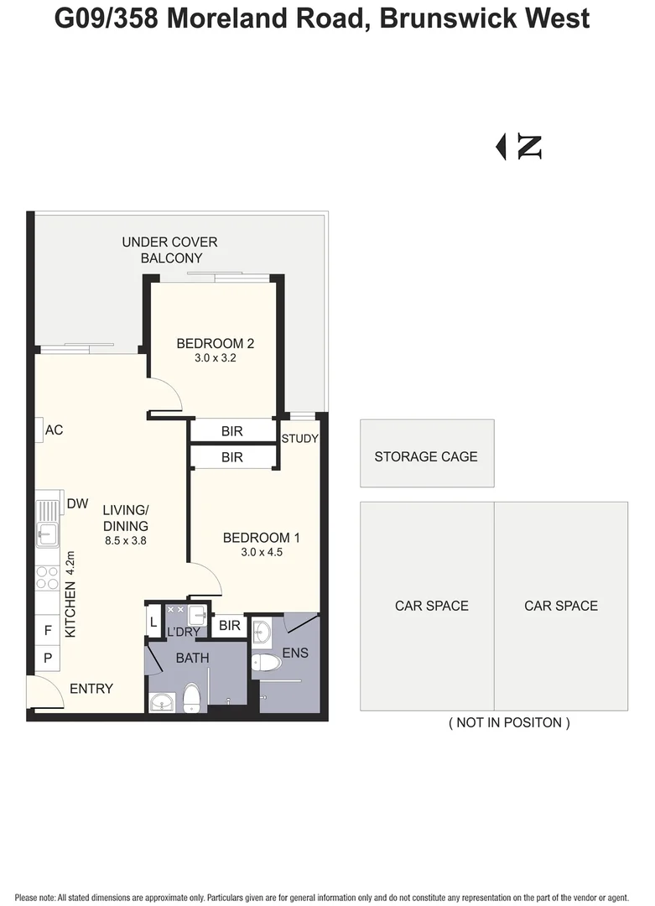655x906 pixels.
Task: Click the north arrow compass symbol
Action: coord(518,147)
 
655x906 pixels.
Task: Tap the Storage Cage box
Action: coord(427,454)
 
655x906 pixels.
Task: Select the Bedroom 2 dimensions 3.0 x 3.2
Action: coord(215,357)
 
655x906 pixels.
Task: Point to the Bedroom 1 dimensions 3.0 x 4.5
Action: coord(262,552)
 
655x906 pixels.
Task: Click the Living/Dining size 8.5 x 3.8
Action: coord(125,541)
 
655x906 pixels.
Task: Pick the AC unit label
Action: coord(54,430)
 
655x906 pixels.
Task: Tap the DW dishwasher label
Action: coord(77,503)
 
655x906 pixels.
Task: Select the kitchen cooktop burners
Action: coord(47,577)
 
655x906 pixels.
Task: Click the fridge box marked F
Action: coord(48,630)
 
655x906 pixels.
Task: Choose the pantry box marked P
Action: coord(48,658)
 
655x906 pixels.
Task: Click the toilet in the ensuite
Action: coord(266,662)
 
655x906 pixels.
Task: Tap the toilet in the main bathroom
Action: coord(191,697)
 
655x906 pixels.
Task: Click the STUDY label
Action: coord(299,439)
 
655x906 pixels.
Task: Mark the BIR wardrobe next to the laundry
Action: coord(229,625)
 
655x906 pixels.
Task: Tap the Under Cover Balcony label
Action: coord(169,250)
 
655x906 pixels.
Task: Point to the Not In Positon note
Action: coord(509,722)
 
